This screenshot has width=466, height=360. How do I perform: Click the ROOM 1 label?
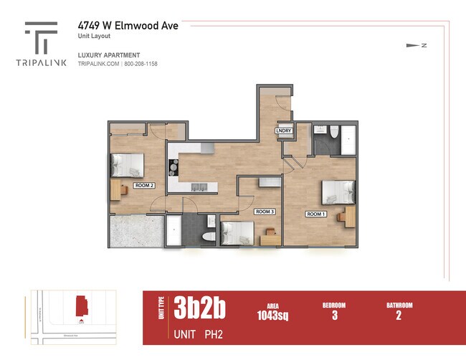316,214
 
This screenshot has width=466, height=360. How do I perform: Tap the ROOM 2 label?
144,184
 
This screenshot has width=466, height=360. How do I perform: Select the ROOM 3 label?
265,212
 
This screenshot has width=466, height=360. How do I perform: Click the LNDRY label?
283,131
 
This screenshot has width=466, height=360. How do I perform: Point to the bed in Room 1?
338,191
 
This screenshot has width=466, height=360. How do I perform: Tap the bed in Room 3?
237,234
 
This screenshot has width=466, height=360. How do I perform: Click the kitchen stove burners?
173,167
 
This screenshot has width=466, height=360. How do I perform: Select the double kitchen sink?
200,188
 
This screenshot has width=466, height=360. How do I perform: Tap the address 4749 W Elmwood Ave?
128,25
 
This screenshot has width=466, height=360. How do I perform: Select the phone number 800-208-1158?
141,64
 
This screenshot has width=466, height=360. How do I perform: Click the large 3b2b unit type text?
199,308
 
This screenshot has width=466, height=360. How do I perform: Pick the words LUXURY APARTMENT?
108,55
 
